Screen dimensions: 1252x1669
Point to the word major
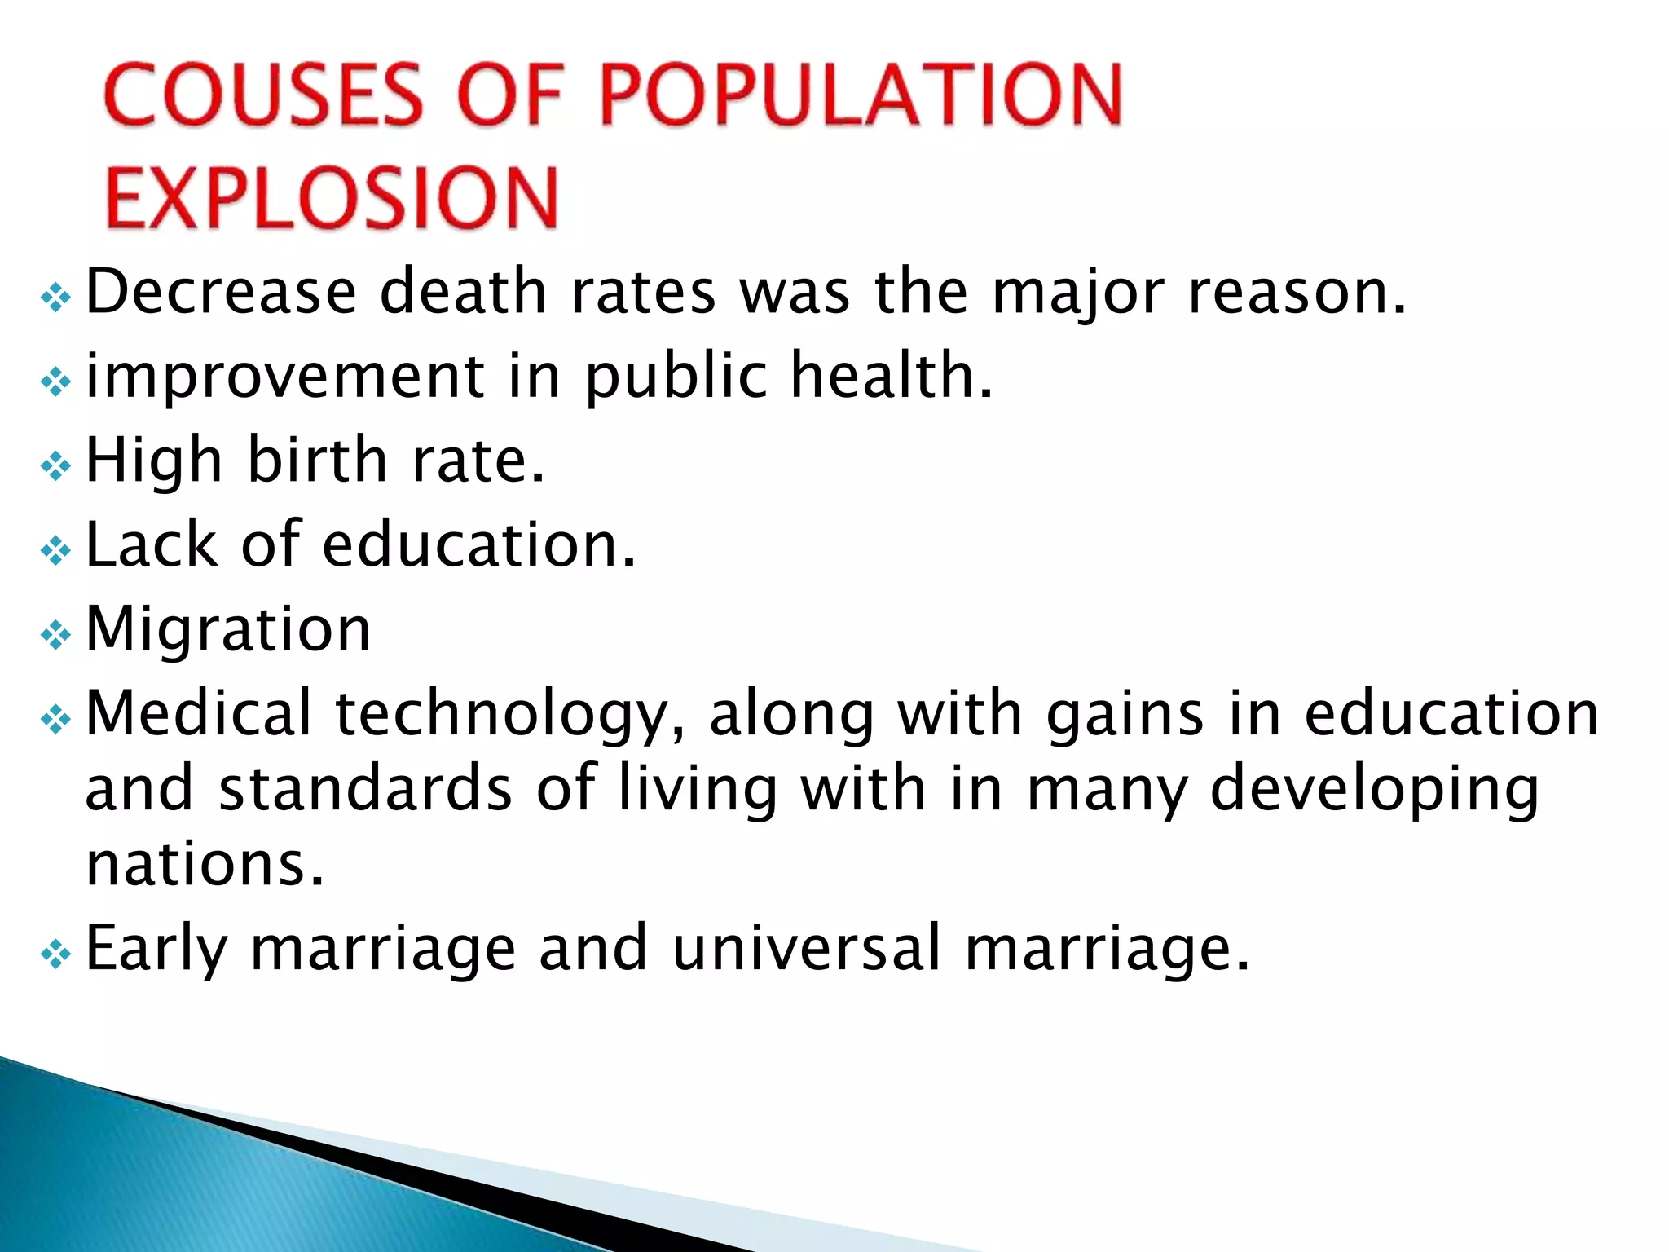[1077, 293]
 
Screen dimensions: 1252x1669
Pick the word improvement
[285, 377]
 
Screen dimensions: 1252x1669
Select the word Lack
[152, 544]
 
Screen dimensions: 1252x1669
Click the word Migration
[228, 629]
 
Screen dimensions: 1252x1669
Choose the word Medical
[199, 713]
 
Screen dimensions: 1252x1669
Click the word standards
[366, 789]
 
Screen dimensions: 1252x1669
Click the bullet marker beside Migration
[55, 634]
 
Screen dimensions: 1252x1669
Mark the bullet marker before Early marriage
[55, 953]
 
